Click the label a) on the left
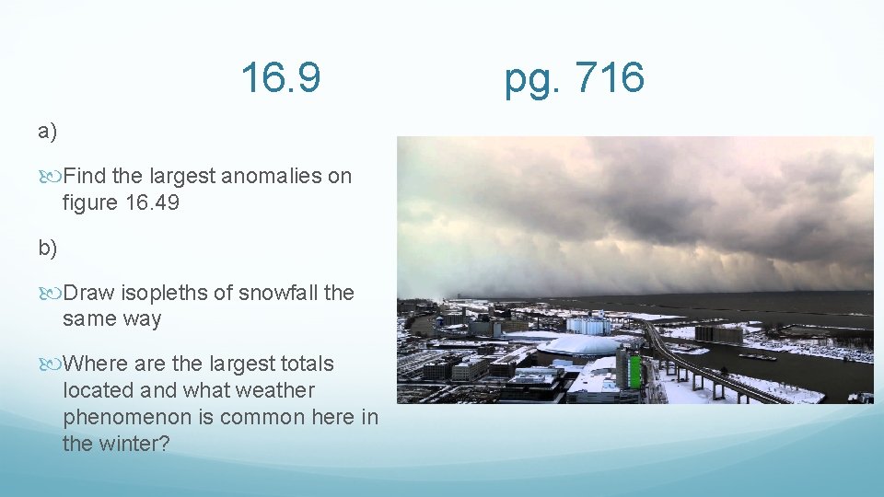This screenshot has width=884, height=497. (47, 132)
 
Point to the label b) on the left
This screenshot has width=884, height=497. (47, 248)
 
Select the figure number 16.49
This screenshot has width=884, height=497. (151, 202)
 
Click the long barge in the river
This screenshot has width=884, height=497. (758, 356)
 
